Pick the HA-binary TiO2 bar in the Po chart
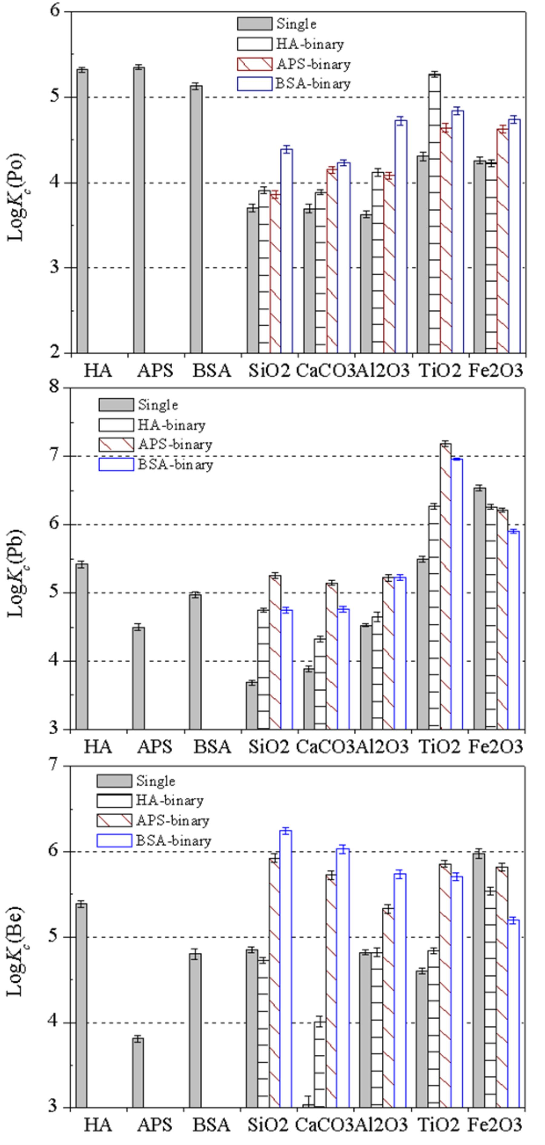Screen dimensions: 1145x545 point(434,213)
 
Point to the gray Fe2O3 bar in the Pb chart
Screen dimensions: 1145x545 point(480,609)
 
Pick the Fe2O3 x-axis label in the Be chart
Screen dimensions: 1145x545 point(496,1125)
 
